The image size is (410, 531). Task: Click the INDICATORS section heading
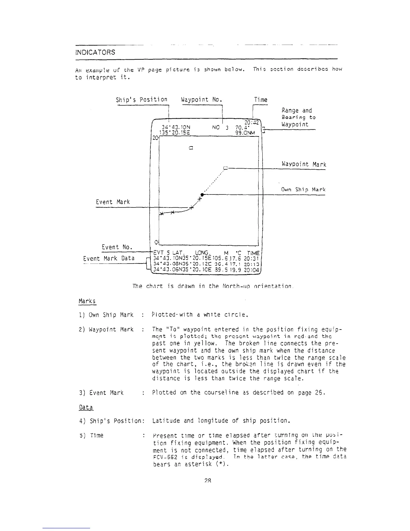pyautogui.click(x=95, y=52)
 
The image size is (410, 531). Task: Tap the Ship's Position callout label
pyautogui.click(x=141, y=100)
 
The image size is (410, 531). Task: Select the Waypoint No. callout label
pyautogui.click(x=202, y=100)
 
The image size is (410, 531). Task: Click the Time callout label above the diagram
pyautogui.click(x=261, y=100)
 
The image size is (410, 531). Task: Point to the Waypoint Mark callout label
pyautogui.click(x=304, y=164)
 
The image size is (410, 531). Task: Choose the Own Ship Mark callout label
pyautogui.click(x=303, y=190)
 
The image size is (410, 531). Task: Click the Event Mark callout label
pyautogui.click(x=113, y=202)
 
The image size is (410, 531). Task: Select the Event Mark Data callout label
pyautogui.click(x=109, y=258)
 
